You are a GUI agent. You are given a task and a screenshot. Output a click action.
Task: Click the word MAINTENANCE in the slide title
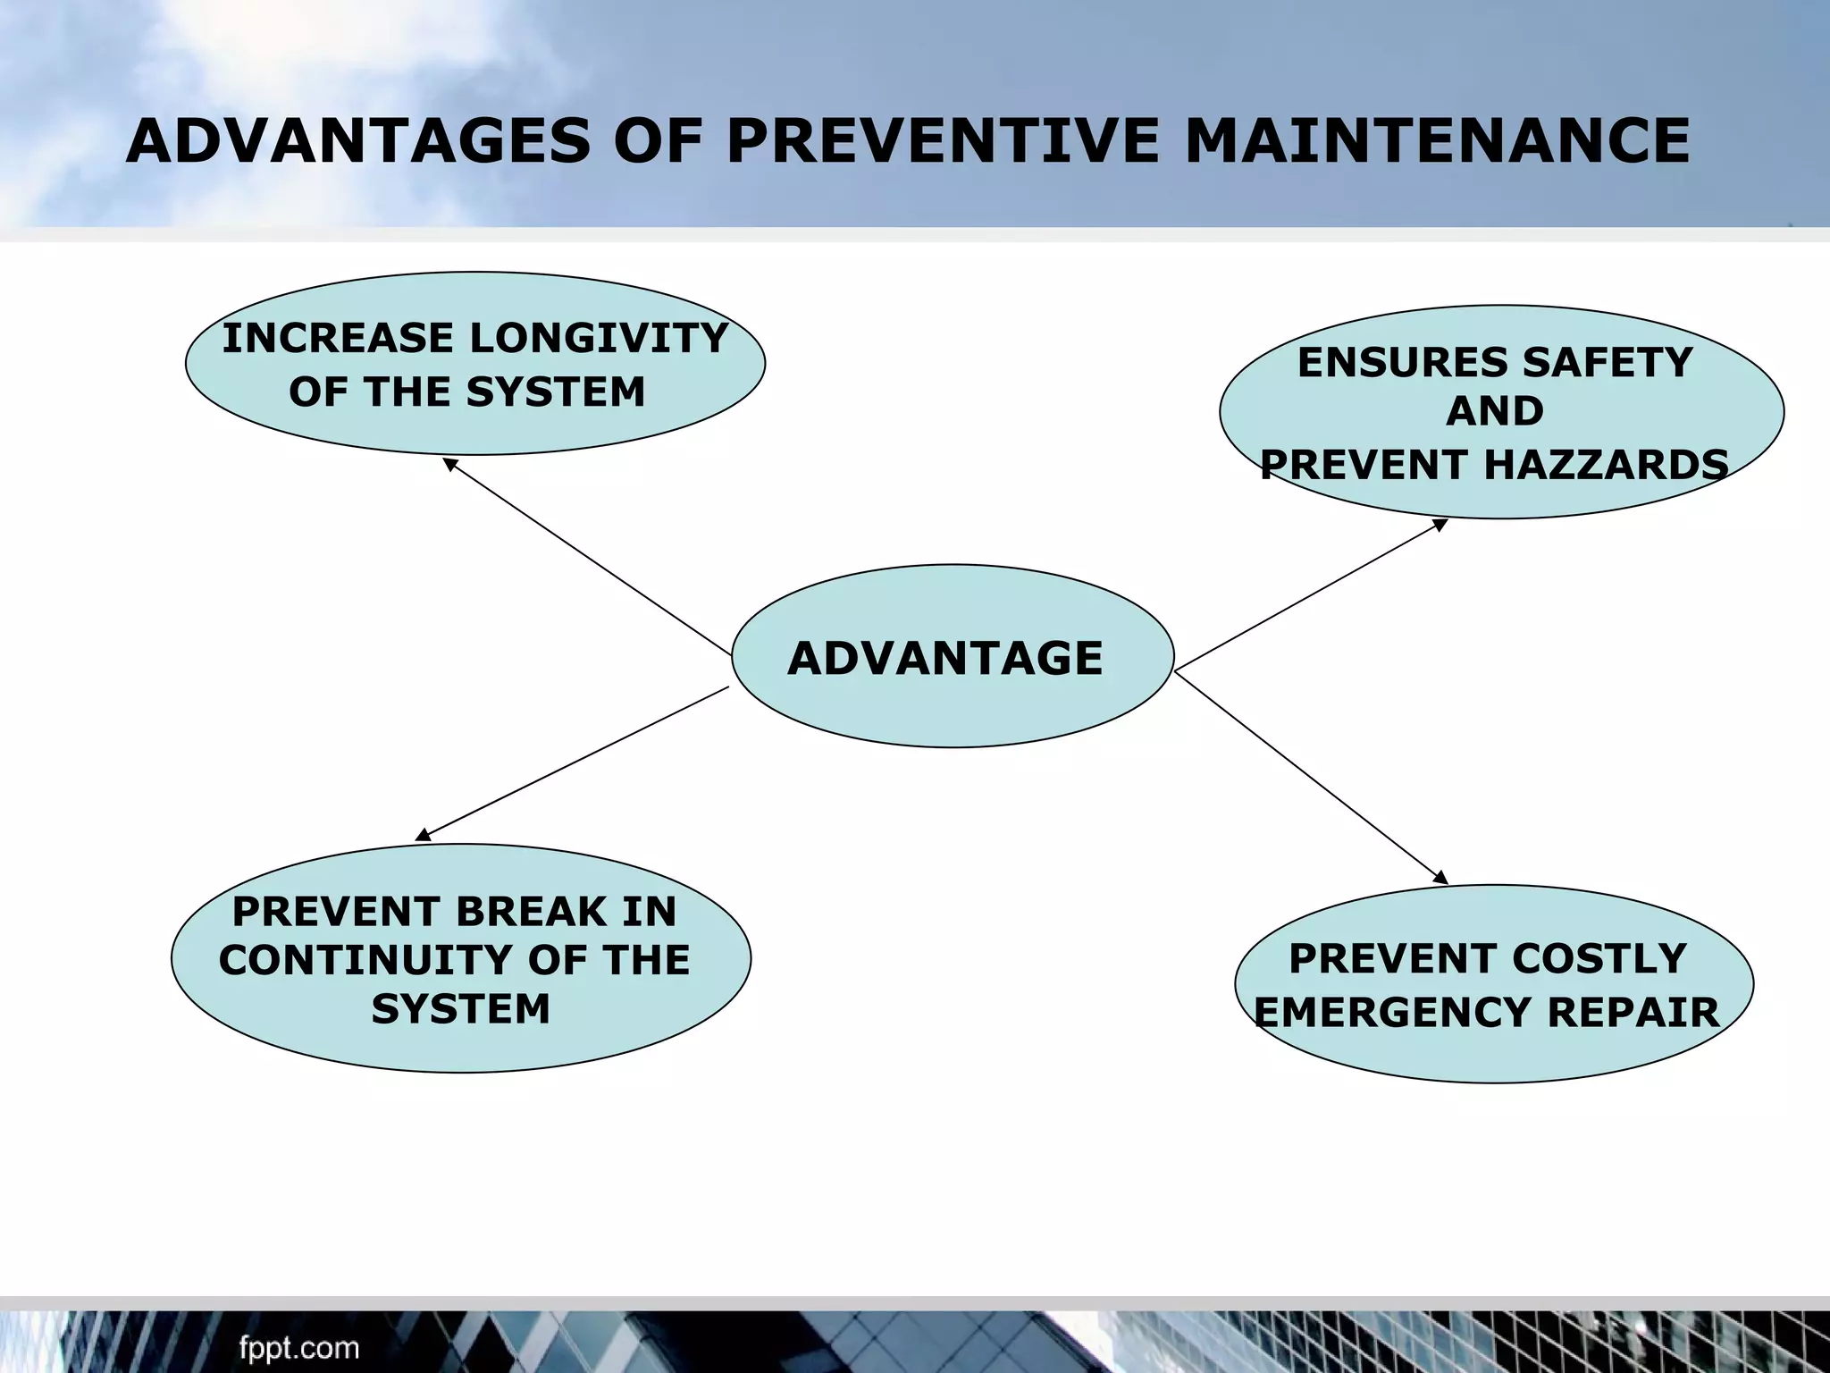coord(1437,141)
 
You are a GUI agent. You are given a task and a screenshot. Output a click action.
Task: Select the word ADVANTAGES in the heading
coord(358,141)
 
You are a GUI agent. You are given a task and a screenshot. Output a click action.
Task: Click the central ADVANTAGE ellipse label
coord(945,659)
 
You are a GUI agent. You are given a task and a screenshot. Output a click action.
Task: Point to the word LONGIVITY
coord(599,338)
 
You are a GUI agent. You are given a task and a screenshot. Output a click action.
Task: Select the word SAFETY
coord(1608,363)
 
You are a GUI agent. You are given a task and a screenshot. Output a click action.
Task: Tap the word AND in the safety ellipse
coord(1495,411)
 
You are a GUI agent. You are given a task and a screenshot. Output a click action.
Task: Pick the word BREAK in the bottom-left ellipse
coord(532,912)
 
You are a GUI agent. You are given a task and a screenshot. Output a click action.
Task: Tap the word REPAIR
coord(1633,1013)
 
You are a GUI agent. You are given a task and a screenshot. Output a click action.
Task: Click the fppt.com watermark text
coord(299,1346)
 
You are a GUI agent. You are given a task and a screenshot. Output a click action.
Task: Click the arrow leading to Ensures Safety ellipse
coord(1311,594)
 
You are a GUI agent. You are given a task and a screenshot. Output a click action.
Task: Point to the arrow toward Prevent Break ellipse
coord(573,763)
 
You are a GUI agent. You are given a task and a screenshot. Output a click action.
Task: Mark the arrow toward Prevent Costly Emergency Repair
coord(1311,778)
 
